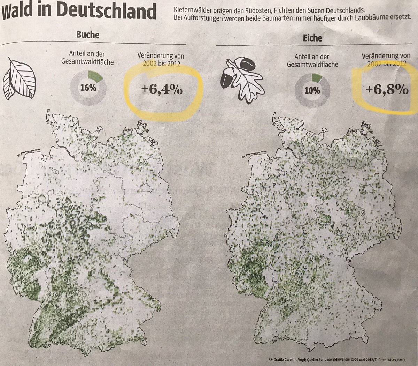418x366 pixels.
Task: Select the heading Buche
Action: coord(87,35)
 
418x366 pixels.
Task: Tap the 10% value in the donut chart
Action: coord(312,91)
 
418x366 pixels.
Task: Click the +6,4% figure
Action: coord(161,90)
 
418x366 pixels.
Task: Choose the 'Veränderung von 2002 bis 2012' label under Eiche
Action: coord(386,59)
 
